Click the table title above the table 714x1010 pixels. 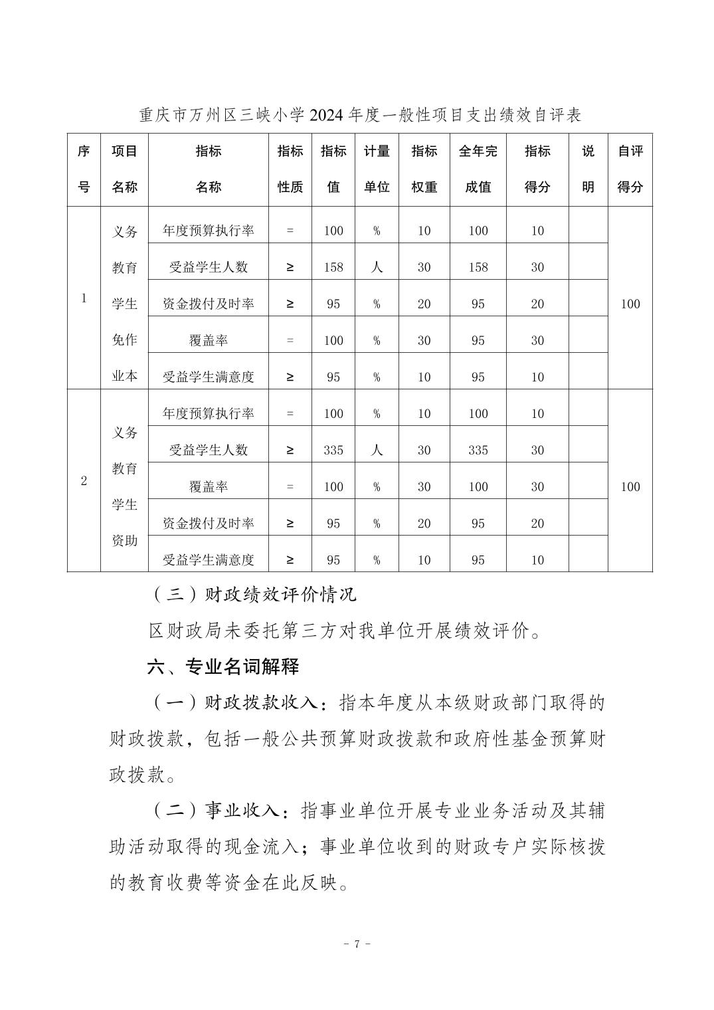tap(360, 115)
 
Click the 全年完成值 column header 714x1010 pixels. tap(478, 169)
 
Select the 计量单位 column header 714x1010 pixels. tap(377, 169)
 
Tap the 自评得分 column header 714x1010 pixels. tap(630, 169)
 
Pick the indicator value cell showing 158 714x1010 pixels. tap(333, 267)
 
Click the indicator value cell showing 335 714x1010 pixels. tap(333, 450)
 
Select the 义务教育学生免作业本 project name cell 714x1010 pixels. tap(124, 304)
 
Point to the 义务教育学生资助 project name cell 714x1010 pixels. tap(124, 486)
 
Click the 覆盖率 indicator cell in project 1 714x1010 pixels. tap(208, 340)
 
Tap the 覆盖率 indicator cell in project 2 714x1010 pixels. tap(208, 486)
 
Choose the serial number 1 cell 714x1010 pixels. tap(84, 298)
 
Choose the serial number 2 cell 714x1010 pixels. tap(84, 480)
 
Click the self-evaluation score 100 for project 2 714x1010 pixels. tap(630, 486)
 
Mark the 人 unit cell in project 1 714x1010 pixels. tap(377, 267)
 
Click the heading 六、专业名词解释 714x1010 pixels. tap(223, 666)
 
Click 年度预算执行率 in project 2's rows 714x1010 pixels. tap(208, 413)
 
